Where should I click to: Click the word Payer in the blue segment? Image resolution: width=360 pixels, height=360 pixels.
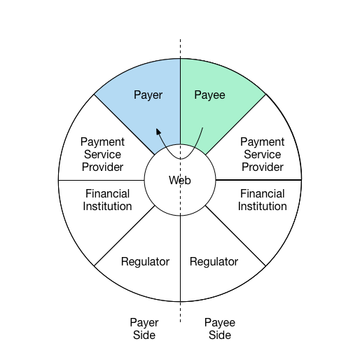click(x=148, y=95)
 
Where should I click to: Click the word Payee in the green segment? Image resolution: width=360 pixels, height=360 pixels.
click(x=209, y=95)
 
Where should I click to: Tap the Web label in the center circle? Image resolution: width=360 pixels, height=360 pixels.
click(x=180, y=180)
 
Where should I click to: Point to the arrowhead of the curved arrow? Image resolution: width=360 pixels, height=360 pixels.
click(x=158, y=131)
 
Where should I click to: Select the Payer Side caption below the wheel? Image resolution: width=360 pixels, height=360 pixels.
click(x=144, y=328)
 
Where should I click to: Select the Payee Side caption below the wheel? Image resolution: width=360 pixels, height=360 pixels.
click(x=220, y=328)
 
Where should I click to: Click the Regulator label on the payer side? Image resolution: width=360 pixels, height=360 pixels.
click(x=145, y=262)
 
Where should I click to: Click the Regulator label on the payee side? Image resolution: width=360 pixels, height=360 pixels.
click(x=214, y=262)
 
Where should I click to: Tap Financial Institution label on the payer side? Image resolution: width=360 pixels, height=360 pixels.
click(x=107, y=200)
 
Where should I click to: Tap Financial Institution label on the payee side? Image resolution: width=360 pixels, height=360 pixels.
click(x=263, y=200)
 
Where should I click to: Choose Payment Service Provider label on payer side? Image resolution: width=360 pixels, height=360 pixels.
click(x=102, y=154)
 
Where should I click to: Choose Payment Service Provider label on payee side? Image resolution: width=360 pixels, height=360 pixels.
click(x=263, y=154)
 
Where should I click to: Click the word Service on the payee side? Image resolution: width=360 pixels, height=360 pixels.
click(x=263, y=154)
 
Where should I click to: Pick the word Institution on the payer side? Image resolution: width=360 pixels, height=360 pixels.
click(x=107, y=207)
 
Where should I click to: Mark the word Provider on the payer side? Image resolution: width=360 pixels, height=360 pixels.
click(x=102, y=167)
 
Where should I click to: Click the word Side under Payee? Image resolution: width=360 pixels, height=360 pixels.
click(x=220, y=335)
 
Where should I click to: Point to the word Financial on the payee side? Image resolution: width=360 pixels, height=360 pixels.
click(x=263, y=193)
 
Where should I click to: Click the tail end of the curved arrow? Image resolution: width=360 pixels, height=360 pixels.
click(x=202, y=127)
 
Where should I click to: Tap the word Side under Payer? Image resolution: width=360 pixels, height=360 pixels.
click(x=144, y=335)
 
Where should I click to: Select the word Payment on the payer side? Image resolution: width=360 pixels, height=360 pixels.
click(x=102, y=142)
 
